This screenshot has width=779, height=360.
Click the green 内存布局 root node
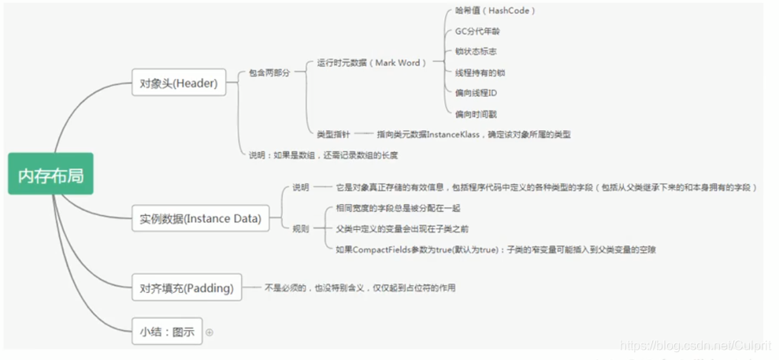click(x=50, y=174)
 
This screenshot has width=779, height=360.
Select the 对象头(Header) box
click(x=179, y=81)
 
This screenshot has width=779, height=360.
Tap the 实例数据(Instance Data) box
click(x=200, y=218)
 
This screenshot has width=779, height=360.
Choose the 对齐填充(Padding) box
click(x=187, y=288)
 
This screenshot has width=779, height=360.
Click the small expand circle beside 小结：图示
click(x=210, y=332)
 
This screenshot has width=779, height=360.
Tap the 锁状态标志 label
click(x=476, y=52)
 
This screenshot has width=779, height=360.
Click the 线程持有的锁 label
click(x=480, y=72)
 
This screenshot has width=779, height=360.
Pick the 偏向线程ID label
click(x=476, y=93)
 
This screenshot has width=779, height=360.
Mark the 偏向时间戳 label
click(x=476, y=114)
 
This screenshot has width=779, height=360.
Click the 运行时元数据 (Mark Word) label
click(x=370, y=62)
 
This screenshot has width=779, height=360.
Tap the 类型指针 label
click(x=331, y=135)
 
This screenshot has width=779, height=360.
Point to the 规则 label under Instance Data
click(x=301, y=228)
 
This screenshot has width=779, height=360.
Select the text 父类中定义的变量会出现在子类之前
click(x=402, y=228)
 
